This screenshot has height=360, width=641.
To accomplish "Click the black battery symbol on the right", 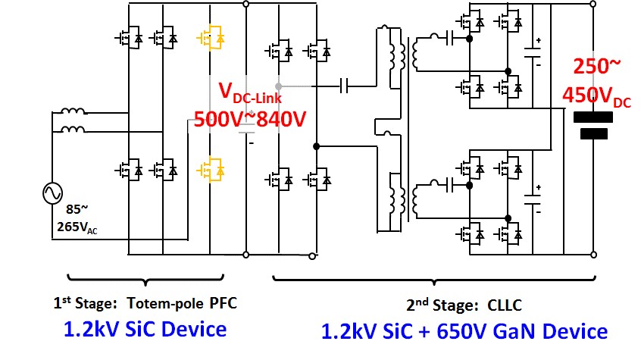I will [x=594, y=126].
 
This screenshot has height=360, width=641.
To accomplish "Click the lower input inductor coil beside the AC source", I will [x=73, y=130].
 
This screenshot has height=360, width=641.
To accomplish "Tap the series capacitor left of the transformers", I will [x=346, y=84].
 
